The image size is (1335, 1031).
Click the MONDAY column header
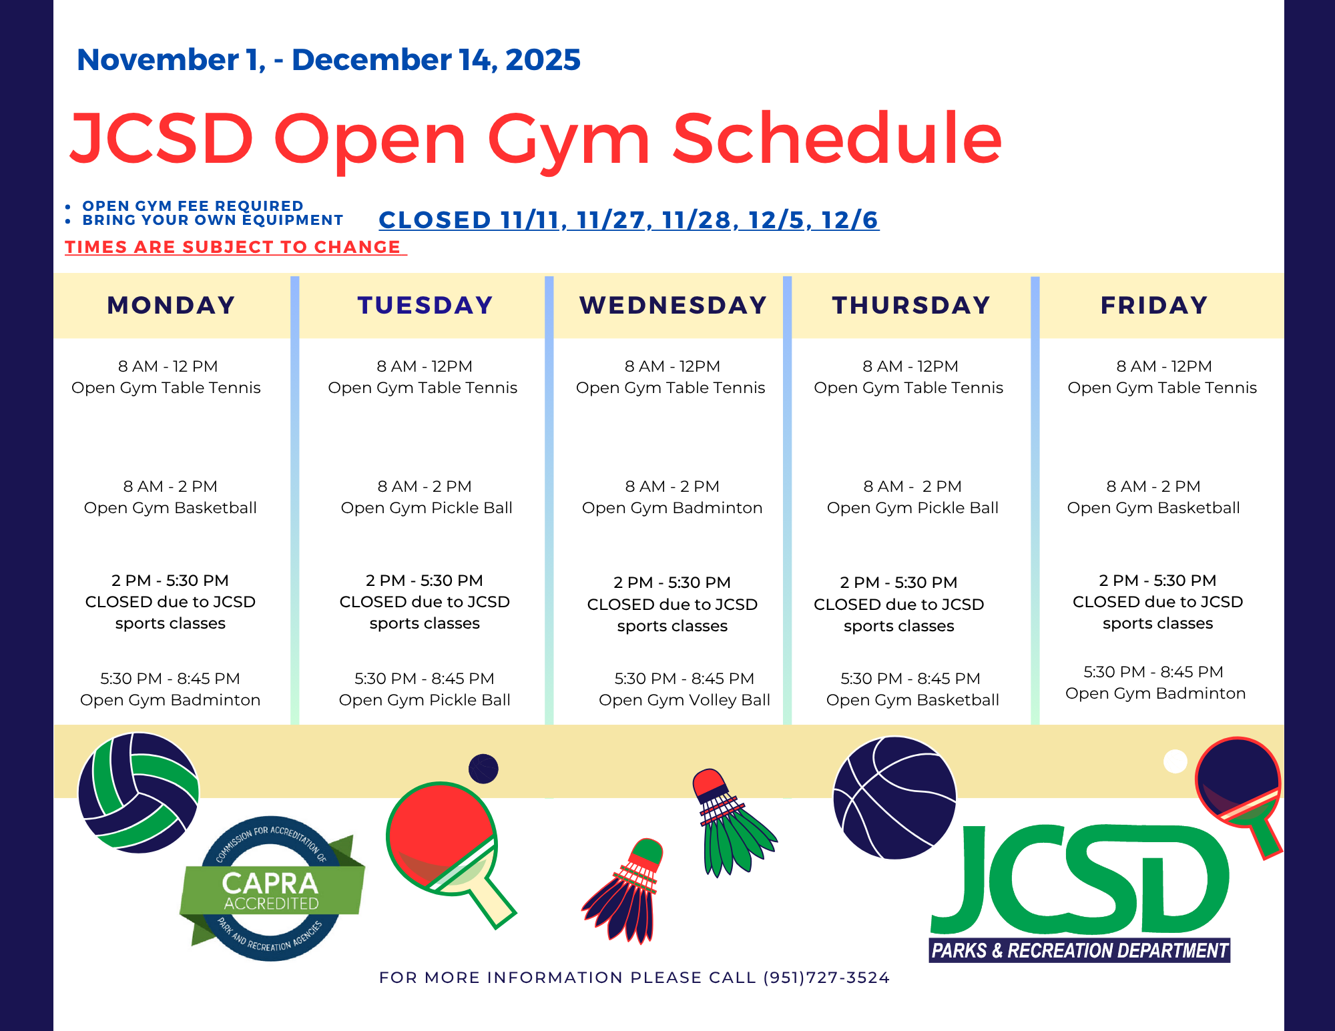tap(171, 306)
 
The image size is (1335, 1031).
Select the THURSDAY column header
tap(911, 306)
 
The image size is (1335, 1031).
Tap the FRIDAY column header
tap(1154, 306)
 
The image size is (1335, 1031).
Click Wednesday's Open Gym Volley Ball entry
tap(684, 689)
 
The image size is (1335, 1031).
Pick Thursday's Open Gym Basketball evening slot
tap(912, 689)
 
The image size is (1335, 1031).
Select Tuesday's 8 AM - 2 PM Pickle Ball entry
tap(426, 497)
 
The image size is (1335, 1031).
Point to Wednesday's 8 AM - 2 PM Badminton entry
tap(672, 497)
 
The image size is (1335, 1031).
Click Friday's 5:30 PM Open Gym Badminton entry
tap(1155, 683)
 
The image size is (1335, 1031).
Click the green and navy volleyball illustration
tap(138, 793)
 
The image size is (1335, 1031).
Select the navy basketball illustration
tap(894, 797)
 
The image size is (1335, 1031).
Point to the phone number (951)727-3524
tap(826, 978)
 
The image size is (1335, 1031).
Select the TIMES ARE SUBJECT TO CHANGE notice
tap(236, 247)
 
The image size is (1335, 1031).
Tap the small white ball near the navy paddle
tap(1175, 761)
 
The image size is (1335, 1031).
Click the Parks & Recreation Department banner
tap(1079, 950)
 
